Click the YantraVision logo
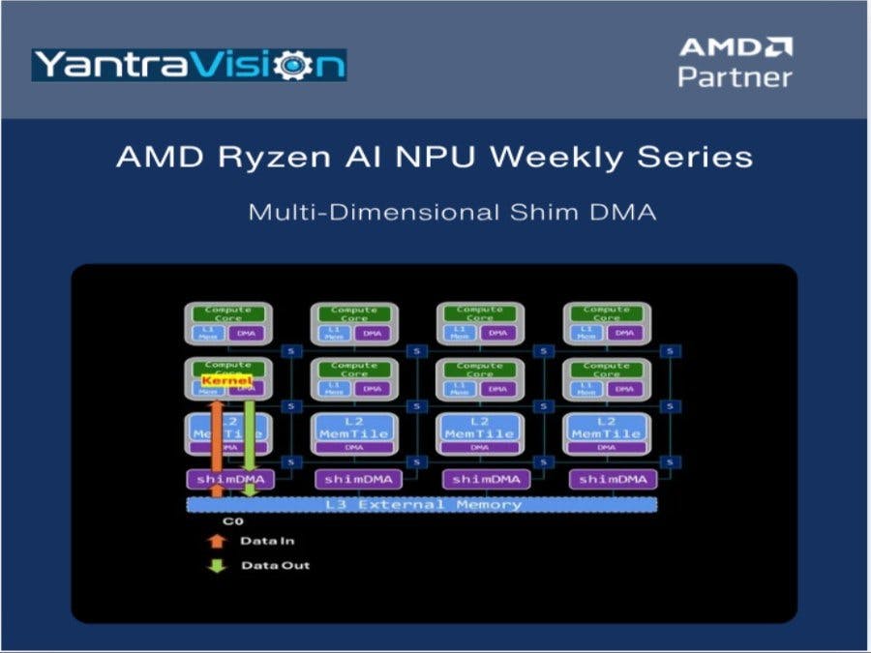pyautogui.click(x=189, y=65)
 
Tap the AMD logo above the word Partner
pyautogui.click(x=735, y=46)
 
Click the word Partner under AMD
pyautogui.click(x=735, y=77)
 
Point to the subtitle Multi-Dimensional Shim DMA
pyautogui.click(x=452, y=212)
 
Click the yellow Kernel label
pyautogui.click(x=226, y=381)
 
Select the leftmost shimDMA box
pyautogui.click(x=229, y=479)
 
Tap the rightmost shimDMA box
pyautogui.click(x=607, y=479)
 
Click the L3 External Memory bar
pyautogui.click(x=421, y=504)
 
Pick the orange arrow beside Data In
pyautogui.click(x=218, y=542)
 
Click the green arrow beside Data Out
pyautogui.click(x=218, y=564)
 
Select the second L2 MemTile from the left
pyautogui.click(x=354, y=429)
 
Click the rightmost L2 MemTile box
pyautogui.click(x=607, y=429)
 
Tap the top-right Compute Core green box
pyautogui.click(x=607, y=313)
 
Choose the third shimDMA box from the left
pyautogui.click(x=481, y=479)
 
